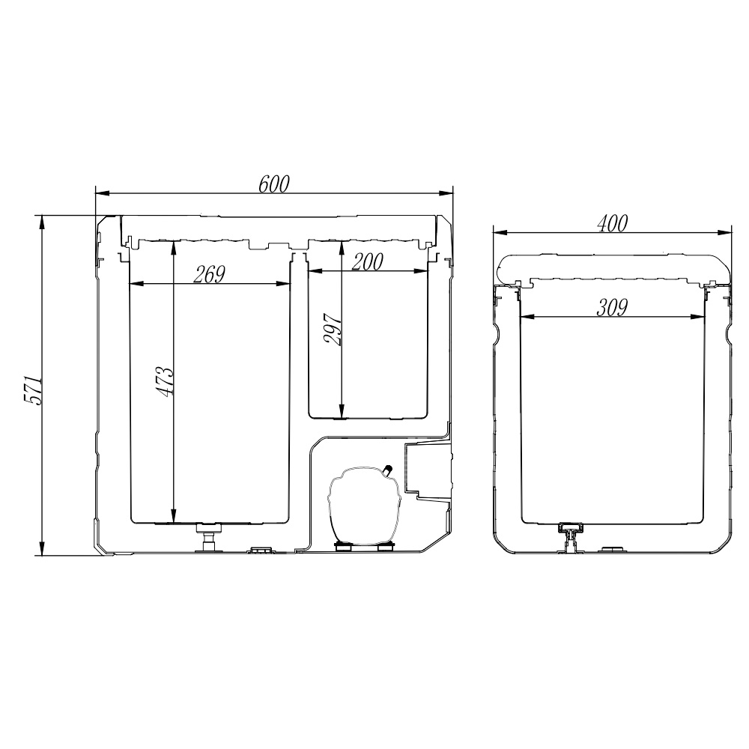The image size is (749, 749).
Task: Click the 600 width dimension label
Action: point(274,184)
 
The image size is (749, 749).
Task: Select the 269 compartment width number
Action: point(209,274)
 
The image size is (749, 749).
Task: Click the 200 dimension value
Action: point(367,261)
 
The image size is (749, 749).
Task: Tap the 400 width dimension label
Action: point(613,223)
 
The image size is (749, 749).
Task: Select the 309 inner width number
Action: point(612,308)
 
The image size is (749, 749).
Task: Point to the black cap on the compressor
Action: point(388,469)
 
